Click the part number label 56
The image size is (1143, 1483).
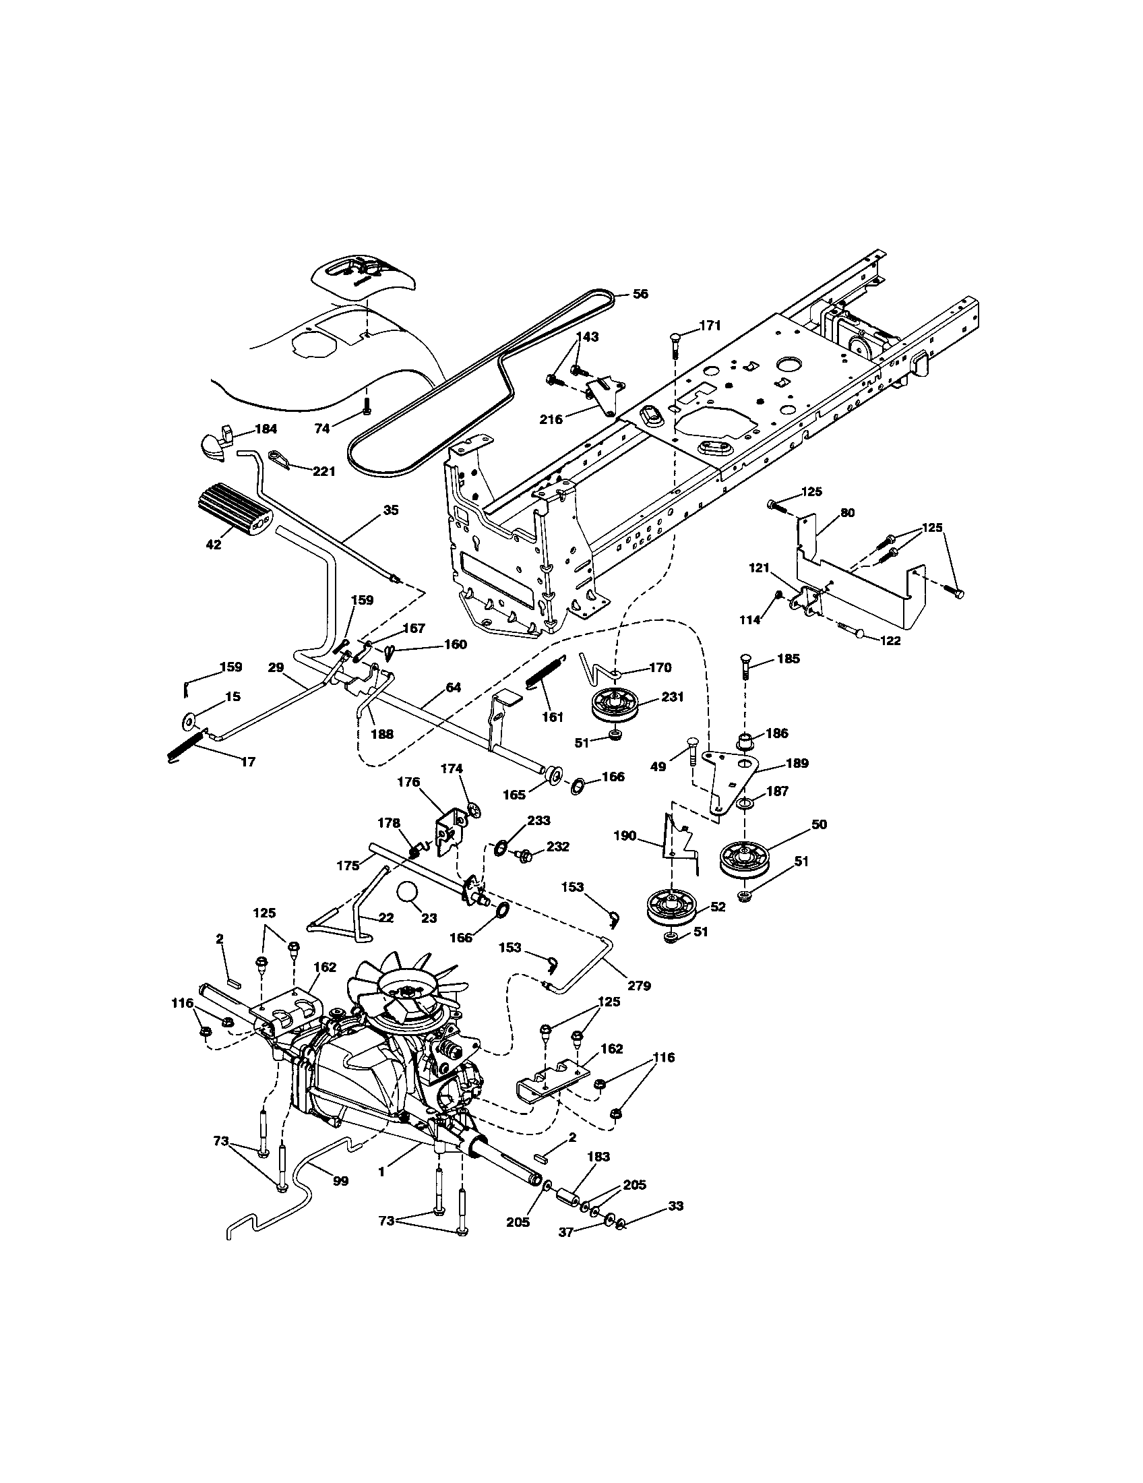pos(640,294)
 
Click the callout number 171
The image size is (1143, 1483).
pos(708,326)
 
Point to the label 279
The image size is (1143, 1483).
pos(640,985)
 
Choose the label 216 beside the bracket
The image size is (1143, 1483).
pos(551,419)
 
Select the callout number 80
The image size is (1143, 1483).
pos(847,513)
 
